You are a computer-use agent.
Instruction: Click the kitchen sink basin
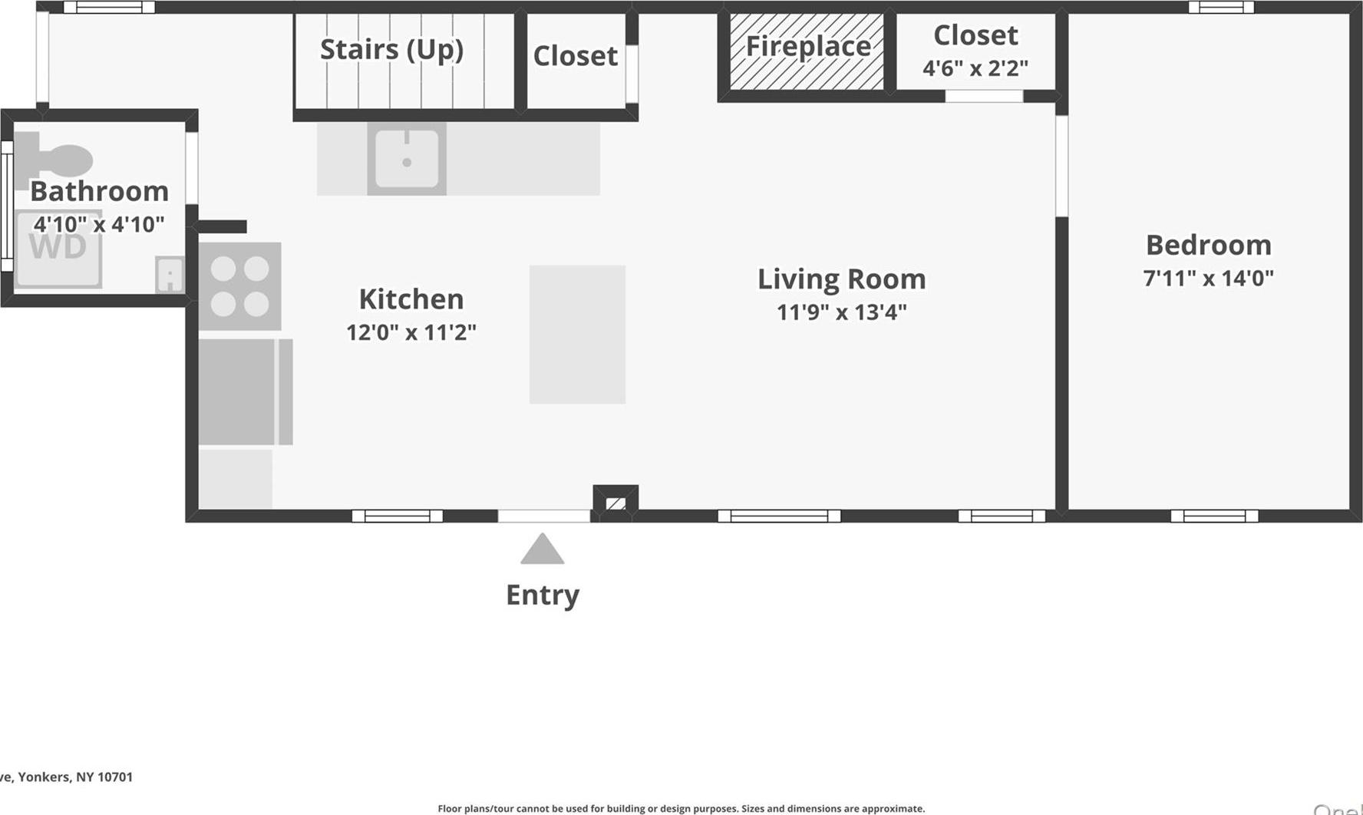(407, 159)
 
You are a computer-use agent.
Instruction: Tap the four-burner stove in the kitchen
(239, 286)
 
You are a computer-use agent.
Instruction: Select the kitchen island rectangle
(577, 335)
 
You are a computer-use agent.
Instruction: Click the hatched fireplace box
(806, 51)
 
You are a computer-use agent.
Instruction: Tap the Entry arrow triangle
(543, 549)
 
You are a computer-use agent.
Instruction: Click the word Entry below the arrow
(543, 595)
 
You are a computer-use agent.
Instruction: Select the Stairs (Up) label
(391, 49)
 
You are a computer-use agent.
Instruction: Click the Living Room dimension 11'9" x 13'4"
(841, 312)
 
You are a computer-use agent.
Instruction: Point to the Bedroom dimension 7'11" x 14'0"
(1208, 278)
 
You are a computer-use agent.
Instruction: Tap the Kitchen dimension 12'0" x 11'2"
(411, 332)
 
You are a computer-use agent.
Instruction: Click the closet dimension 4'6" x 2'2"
(975, 68)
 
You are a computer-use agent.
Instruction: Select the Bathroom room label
(99, 191)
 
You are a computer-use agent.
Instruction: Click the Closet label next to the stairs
(575, 56)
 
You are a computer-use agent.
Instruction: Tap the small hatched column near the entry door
(615, 503)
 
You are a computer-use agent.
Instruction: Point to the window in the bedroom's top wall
(1221, 8)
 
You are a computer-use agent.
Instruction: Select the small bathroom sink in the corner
(170, 274)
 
